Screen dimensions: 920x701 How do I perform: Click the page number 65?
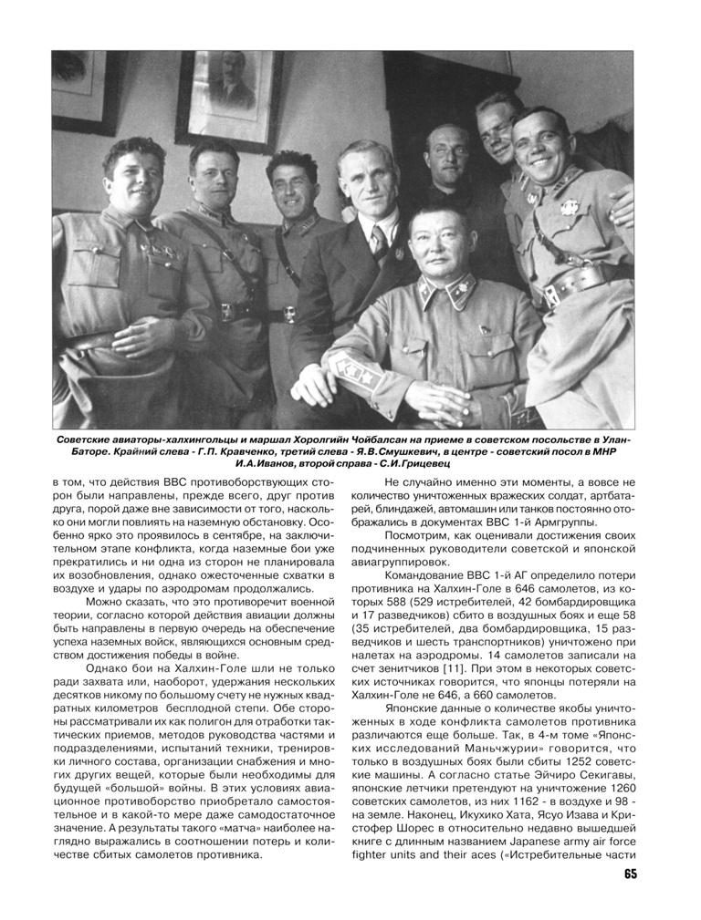[x=630, y=874]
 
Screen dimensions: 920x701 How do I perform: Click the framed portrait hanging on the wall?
[x=229, y=91]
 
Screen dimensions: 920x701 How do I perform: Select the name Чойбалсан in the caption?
[x=334, y=440]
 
